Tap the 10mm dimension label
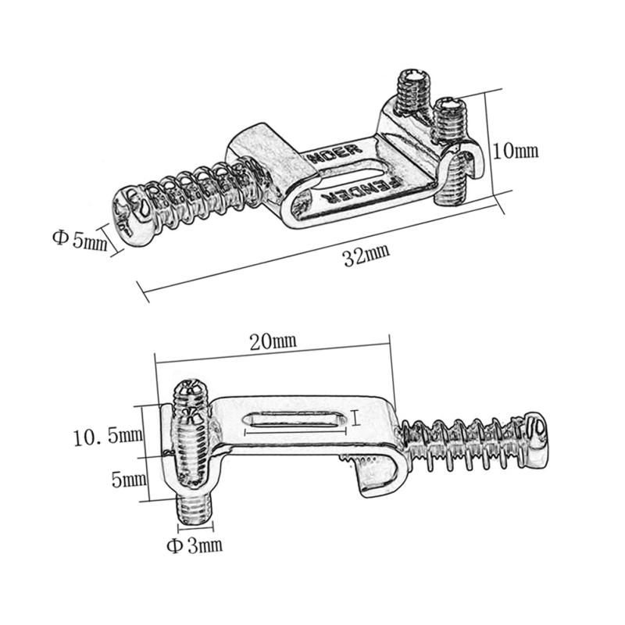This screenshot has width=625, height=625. (517, 150)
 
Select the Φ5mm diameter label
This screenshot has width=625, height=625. (80, 239)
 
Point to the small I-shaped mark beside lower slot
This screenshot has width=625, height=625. (355, 420)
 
